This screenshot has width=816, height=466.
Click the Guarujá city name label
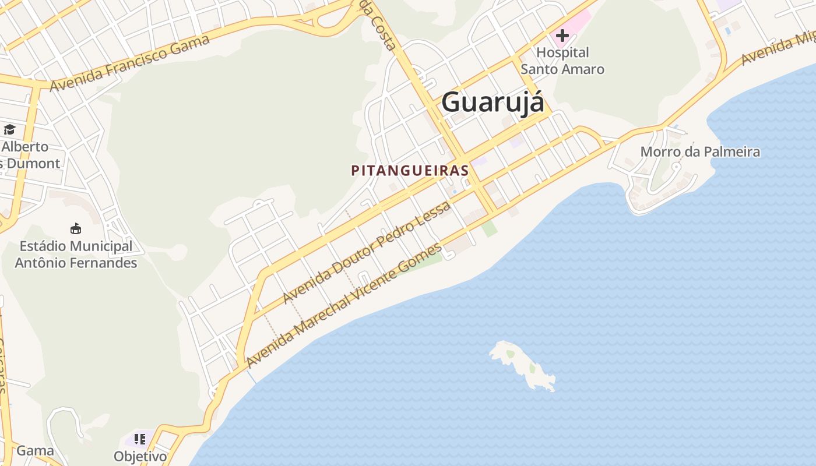click(493, 103)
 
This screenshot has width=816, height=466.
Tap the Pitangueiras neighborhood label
click(410, 171)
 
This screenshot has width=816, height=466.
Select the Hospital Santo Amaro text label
click(562, 61)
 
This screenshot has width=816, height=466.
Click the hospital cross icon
click(562, 36)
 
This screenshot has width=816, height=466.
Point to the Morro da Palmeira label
click(700, 152)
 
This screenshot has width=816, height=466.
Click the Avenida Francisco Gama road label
click(130, 63)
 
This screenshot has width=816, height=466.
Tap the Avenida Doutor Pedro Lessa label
click(367, 252)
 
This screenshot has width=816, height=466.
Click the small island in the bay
click(523, 364)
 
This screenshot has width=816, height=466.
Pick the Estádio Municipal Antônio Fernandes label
click(76, 255)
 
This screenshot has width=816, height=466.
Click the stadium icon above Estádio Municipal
click(76, 228)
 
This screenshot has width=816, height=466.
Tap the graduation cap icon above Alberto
click(9, 129)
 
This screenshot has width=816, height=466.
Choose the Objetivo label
click(140, 456)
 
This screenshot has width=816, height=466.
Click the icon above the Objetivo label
click(139, 439)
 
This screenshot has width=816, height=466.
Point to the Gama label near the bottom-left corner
click(35, 450)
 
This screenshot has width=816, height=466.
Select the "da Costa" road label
click(379, 26)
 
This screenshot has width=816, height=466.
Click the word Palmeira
click(731, 152)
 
